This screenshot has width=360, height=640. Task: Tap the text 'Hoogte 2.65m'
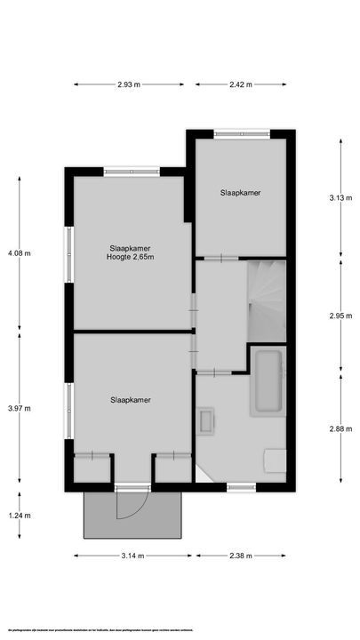(x=129, y=258)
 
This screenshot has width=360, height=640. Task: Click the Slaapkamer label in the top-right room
(x=241, y=192)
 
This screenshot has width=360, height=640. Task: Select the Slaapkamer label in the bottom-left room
(x=131, y=400)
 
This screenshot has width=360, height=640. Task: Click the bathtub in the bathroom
(x=267, y=382)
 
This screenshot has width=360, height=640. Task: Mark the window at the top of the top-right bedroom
(x=240, y=134)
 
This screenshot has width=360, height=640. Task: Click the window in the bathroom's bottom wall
(x=240, y=486)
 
